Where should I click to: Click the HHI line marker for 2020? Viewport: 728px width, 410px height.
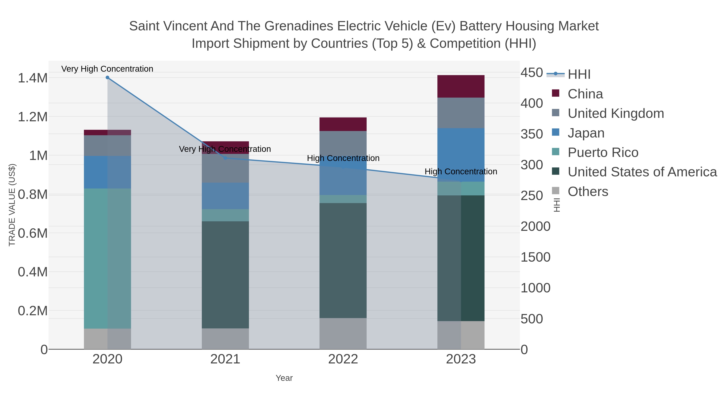pyautogui.click(x=107, y=78)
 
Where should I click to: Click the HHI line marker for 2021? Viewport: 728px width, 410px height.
pyautogui.click(x=225, y=158)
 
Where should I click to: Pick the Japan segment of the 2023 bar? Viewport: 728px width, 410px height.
pyautogui.click(x=461, y=155)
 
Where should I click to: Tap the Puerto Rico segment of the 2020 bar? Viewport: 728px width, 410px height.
pyautogui.click(x=107, y=258)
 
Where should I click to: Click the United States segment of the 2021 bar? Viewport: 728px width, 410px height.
pyautogui.click(x=225, y=275)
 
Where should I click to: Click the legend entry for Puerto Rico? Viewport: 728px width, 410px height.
pyautogui.click(x=603, y=152)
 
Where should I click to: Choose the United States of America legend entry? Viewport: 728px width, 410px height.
pyautogui.click(x=642, y=172)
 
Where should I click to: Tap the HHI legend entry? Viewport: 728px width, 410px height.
pyautogui.click(x=579, y=75)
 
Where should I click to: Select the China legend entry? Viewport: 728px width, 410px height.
pyautogui.click(x=585, y=94)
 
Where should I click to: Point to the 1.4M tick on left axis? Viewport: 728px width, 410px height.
pyautogui.click(x=33, y=78)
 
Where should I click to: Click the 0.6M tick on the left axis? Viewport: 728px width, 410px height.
pyautogui.click(x=33, y=233)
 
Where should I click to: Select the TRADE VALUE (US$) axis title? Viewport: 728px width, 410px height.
pyautogui.click(x=12, y=205)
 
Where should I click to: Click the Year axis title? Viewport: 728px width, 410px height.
pyautogui.click(x=284, y=378)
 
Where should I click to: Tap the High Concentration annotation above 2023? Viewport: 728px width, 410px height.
pyautogui.click(x=461, y=171)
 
